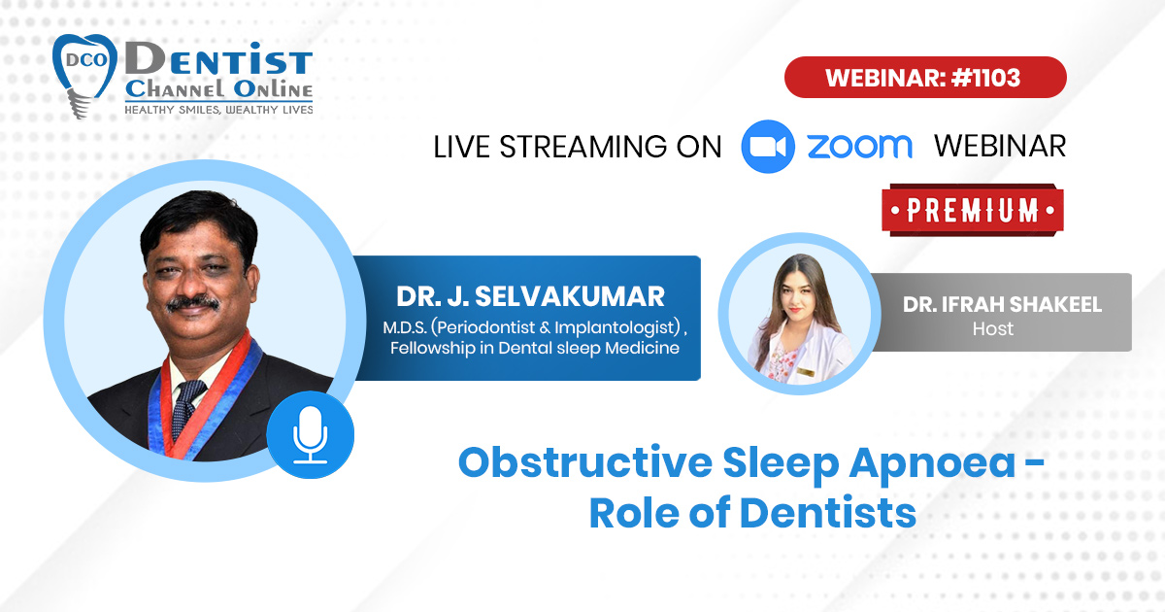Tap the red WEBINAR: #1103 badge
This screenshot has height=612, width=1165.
click(x=925, y=78)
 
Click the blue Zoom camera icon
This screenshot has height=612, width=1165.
click(x=768, y=147)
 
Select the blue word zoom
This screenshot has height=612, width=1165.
click(x=860, y=147)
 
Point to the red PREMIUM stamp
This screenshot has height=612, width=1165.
click(x=973, y=210)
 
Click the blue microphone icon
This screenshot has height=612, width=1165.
click(x=311, y=435)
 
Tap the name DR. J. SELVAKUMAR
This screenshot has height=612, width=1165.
click(x=530, y=296)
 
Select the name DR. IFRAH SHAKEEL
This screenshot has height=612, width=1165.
click(x=1002, y=304)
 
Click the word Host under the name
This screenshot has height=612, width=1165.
click(x=993, y=329)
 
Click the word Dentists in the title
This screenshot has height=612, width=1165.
click(x=827, y=513)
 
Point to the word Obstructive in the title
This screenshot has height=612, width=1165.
click(x=585, y=462)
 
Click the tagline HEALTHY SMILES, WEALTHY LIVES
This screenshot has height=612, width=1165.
click(x=218, y=110)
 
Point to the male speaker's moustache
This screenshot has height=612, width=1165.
click(x=193, y=303)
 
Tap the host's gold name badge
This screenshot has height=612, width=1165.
click(x=806, y=371)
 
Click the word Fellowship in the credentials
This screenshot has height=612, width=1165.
click(x=432, y=348)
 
